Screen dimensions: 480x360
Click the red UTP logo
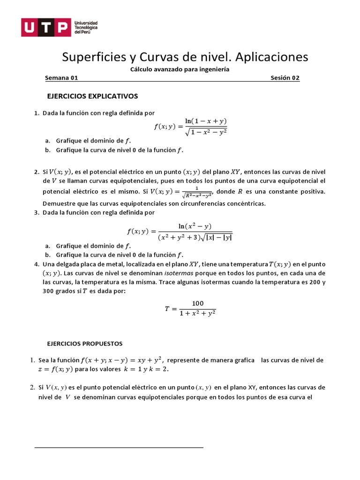click(45, 28)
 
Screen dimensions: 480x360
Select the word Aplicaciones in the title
click(271, 57)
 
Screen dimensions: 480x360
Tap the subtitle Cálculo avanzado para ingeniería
click(180, 69)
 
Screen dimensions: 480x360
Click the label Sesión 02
click(285, 78)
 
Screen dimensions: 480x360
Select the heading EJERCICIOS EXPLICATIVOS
click(93, 96)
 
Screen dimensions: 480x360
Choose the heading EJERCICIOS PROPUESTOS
click(84, 344)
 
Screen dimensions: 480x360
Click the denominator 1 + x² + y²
click(197, 314)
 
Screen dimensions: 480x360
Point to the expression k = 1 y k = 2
click(145, 369)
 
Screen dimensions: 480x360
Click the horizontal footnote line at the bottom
click(119, 448)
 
